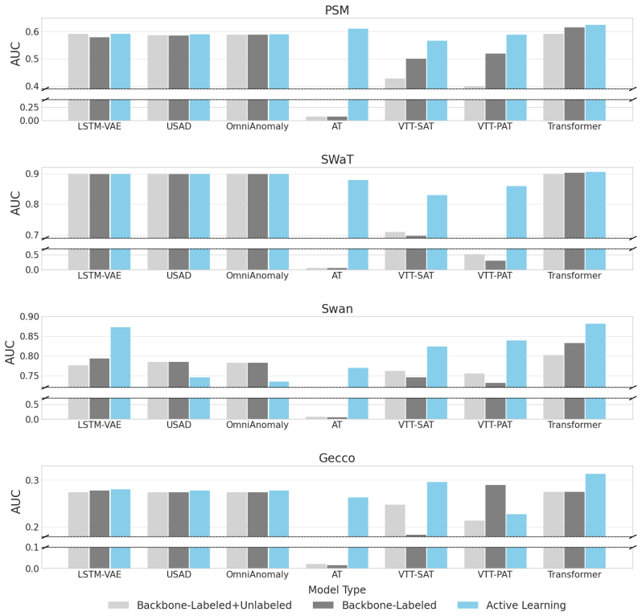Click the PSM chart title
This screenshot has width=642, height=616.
pyautogui.click(x=336, y=10)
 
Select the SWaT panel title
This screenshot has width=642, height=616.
pyautogui.click(x=337, y=159)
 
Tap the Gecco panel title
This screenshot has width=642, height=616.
pyautogui.click(x=337, y=458)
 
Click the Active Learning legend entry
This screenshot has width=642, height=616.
pyautogui.click(x=512, y=605)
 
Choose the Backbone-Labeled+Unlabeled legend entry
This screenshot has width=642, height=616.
pyautogui.click(x=200, y=605)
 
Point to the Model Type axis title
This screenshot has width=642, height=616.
pyautogui.click(x=337, y=589)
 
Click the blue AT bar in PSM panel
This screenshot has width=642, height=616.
pyautogui.click(x=358, y=75)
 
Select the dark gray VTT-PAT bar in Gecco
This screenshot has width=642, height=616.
pyautogui.click(x=496, y=527)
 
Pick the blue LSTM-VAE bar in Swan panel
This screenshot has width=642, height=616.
pyautogui.click(x=121, y=373)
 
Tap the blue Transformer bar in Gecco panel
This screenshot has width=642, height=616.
pyautogui.click(x=595, y=520)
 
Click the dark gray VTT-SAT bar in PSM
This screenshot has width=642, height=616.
pyautogui.click(x=416, y=89)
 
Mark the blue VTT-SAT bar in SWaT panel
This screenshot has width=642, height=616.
pyautogui.click(x=438, y=232)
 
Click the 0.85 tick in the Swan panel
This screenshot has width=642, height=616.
pyautogui.click(x=30, y=336)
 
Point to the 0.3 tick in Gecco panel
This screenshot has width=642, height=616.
pyautogui.click(x=32, y=480)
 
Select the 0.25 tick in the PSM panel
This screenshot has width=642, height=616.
pyautogui.click(x=30, y=107)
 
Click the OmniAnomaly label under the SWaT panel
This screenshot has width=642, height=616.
pyautogui.click(x=257, y=276)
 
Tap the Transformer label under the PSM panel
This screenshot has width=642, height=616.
pyautogui.click(x=574, y=126)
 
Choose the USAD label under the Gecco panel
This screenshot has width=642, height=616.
pyautogui.click(x=179, y=574)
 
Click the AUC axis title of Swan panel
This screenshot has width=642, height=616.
pyautogui.click(x=10, y=352)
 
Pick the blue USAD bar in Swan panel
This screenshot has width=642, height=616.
pyautogui.click(x=200, y=398)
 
